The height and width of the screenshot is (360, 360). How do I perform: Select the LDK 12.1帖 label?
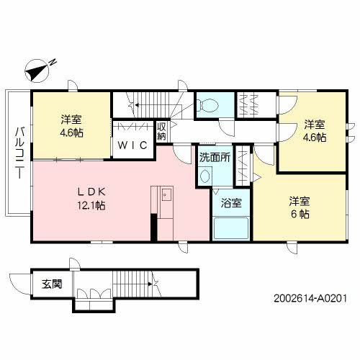92,199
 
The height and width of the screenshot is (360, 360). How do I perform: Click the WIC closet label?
132,145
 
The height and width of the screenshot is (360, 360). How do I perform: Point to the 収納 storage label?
162,132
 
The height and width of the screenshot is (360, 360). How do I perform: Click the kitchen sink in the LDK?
165,194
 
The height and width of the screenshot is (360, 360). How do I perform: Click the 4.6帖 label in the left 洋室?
71,134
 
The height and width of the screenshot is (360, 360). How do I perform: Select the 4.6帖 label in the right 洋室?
315,136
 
